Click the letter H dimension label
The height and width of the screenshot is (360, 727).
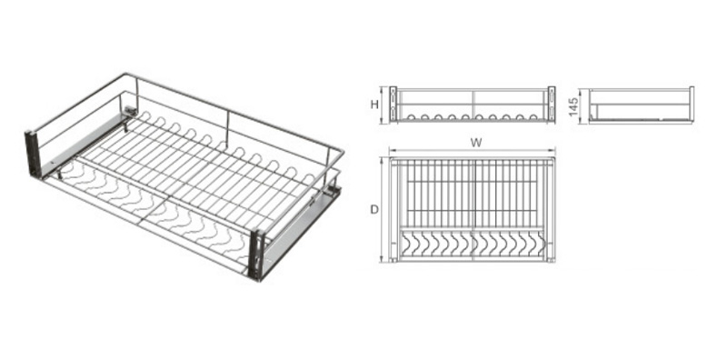[x=374, y=105]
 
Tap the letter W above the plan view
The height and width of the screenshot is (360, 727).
[x=475, y=143]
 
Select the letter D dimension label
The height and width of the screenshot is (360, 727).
[x=374, y=210]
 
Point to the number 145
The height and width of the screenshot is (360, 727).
[x=574, y=106]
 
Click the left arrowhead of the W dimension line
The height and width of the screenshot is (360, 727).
[x=392, y=151]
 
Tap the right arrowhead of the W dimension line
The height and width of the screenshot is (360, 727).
[x=553, y=151]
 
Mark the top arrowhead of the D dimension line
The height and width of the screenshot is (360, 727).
[x=383, y=159]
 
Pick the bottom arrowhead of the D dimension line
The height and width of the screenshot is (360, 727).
[x=383, y=260]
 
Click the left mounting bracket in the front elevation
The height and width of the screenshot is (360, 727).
[x=393, y=104]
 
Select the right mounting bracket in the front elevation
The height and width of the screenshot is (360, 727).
[x=552, y=104]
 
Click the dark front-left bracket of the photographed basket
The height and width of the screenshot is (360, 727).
[x=34, y=155]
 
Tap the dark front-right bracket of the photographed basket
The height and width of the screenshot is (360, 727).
[x=256, y=255]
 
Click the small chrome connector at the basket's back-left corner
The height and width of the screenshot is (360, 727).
[x=131, y=111]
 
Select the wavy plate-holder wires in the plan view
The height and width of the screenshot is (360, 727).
[x=473, y=245]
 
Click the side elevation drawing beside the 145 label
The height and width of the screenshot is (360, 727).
[x=642, y=105]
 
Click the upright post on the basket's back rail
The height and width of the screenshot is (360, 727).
[x=228, y=125]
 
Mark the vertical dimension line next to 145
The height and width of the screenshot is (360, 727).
[x=583, y=105]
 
